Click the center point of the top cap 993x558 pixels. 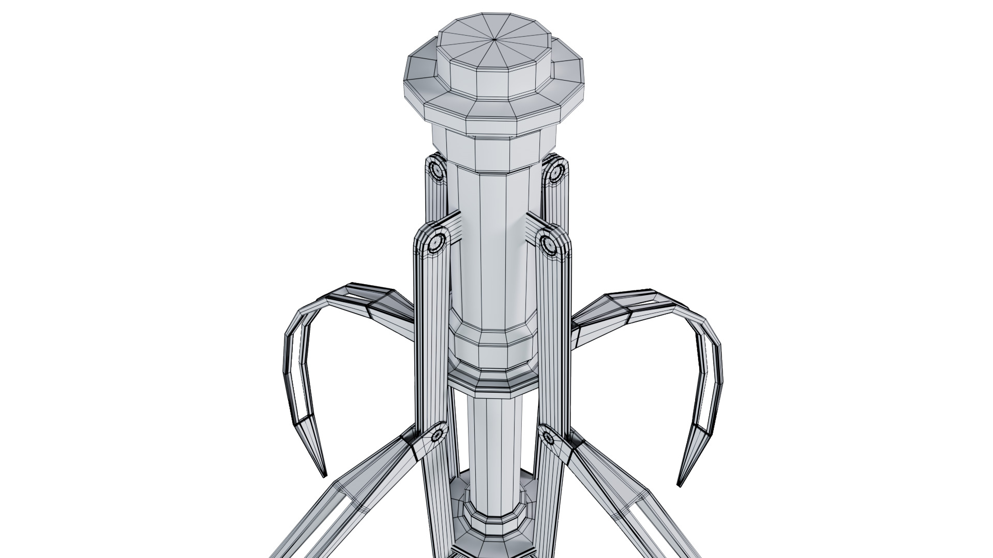point(495,39)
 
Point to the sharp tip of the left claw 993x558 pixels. point(325,474)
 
